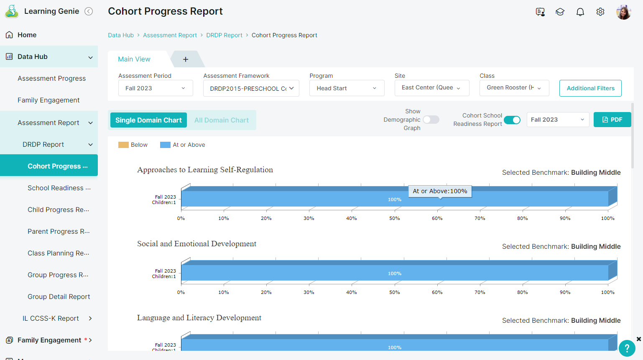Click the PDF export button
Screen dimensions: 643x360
(x=612, y=120)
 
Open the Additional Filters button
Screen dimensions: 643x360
(x=590, y=88)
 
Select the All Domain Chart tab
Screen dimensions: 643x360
(x=221, y=120)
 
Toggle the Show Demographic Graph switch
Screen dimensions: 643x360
(x=431, y=120)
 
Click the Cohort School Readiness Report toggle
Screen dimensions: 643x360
(x=512, y=120)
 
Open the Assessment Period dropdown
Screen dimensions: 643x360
(x=156, y=88)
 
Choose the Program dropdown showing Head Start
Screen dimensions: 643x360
(x=347, y=88)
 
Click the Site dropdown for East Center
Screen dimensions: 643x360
(x=432, y=88)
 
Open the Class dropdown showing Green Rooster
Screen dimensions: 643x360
(x=514, y=88)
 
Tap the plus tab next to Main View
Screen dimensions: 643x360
(x=186, y=59)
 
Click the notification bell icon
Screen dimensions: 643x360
(x=580, y=12)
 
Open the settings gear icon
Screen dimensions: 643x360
(x=600, y=12)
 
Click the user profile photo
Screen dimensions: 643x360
(x=623, y=12)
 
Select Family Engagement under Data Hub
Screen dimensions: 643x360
(x=48, y=100)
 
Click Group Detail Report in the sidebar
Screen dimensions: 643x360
(x=59, y=296)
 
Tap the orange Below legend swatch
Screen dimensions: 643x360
(x=123, y=145)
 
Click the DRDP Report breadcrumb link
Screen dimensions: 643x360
(x=224, y=35)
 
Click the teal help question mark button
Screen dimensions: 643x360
(x=627, y=348)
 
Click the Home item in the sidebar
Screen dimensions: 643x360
(x=27, y=35)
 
